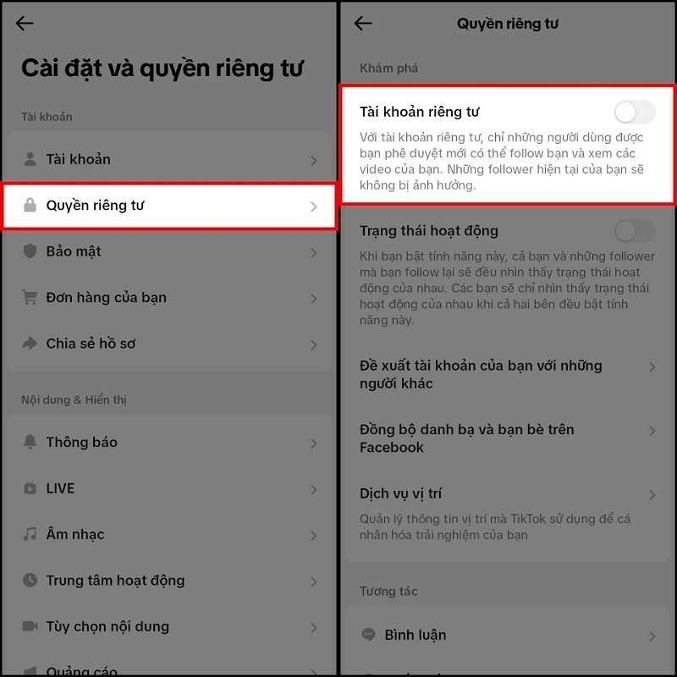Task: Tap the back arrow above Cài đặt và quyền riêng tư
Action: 25,24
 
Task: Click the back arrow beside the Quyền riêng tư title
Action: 363,24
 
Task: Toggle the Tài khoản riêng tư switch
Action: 635,112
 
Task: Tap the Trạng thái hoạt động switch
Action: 635,231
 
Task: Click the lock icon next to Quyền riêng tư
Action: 30,206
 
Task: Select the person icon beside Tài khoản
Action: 30,159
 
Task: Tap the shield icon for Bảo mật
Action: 30,251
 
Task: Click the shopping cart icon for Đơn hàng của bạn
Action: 30,297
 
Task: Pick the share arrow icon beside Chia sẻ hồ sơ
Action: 30,344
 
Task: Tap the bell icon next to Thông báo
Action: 30,442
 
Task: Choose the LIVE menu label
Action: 61,488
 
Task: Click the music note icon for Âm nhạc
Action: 30,534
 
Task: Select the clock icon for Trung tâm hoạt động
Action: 30,581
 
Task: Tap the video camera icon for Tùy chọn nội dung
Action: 30,626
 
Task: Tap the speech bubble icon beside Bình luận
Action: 368,635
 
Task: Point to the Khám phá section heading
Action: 388,68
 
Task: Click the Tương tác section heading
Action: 388,592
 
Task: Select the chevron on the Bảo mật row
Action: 314,252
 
